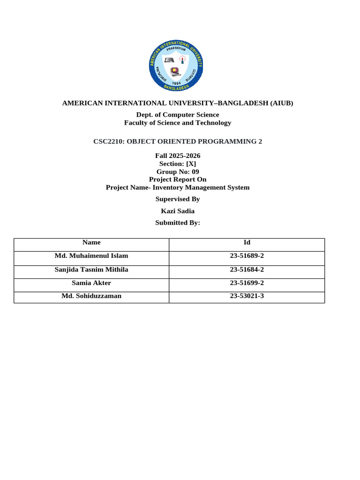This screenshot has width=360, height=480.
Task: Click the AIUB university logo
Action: [x=176, y=66]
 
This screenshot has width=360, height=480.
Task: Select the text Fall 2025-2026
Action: [x=178, y=156]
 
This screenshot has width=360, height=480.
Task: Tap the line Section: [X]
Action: [x=178, y=164]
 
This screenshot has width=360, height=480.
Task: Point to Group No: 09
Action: [x=178, y=172]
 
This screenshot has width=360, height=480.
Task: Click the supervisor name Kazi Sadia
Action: [x=178, y=211]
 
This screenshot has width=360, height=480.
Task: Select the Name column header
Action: [x=91, y=242]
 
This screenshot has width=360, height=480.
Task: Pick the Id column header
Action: [x=247, y=242]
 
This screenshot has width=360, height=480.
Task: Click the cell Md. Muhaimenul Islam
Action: [x=91, y=256]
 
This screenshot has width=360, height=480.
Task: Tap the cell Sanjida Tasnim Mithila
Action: [x=91, y=270]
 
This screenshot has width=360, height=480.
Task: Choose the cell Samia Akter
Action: [x=91, y=283]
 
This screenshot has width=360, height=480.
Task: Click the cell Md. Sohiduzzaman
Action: [x=91, y=296]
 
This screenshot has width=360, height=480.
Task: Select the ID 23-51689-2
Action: [x=247, y=256]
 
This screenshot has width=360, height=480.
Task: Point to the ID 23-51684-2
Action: [x=247, y=270]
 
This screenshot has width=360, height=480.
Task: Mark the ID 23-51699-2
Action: [x=247, y=283]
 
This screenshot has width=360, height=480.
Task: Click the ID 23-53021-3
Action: [x=247, y=296]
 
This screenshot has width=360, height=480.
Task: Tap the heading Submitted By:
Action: [x=178, y=223]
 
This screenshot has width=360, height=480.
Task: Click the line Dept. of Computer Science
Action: [x=178, y=115]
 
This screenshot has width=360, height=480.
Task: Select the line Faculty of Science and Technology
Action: [x=178, y=123]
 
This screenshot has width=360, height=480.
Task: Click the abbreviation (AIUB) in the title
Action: [x=279, y=103]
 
